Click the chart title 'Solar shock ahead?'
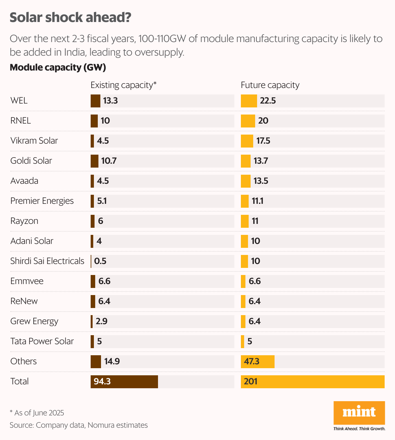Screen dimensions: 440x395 point(70,17)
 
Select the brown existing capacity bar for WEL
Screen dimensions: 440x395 point(95,101)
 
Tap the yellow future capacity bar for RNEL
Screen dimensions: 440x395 point(248,121)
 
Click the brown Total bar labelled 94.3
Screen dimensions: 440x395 point(124,382)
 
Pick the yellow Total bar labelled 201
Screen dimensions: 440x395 point(312,382)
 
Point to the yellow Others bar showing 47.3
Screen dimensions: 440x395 point(257,362)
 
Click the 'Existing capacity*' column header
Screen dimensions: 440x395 point(123,85)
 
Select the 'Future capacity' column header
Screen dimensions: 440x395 point(270,85)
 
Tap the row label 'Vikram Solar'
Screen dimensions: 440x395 point(34,141)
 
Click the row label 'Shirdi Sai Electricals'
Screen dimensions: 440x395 point(47,261)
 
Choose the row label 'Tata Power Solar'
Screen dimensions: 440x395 point(42,341)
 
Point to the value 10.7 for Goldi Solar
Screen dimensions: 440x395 point(109,161)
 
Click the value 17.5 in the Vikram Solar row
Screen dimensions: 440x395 point(263,141)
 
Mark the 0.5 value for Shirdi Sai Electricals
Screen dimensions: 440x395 point(100,261)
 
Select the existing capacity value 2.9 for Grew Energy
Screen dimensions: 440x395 point(101,322)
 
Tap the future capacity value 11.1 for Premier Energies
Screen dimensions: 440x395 point(257,201)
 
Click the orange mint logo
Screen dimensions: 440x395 point(359,413)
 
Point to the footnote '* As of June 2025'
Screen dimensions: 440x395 point(37,413)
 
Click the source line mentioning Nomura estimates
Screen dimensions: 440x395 point(79,425)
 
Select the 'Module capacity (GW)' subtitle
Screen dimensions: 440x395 point(58,68)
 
